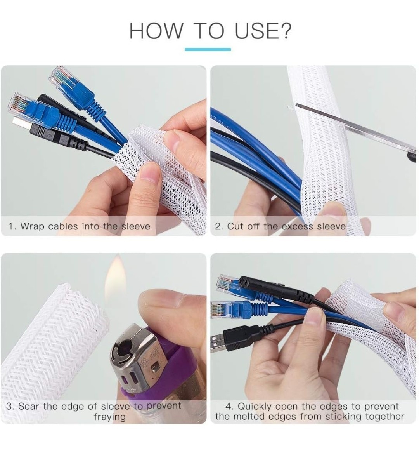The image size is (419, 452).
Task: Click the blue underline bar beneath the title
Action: click(x=208, y=49)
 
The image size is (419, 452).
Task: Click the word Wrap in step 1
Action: click(x=32, y=226)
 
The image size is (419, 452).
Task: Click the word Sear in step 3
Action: click(x=29, y=406)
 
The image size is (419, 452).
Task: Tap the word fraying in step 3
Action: click(x=109, y=417)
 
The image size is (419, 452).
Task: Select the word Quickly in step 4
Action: click(x=255, y=406)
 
